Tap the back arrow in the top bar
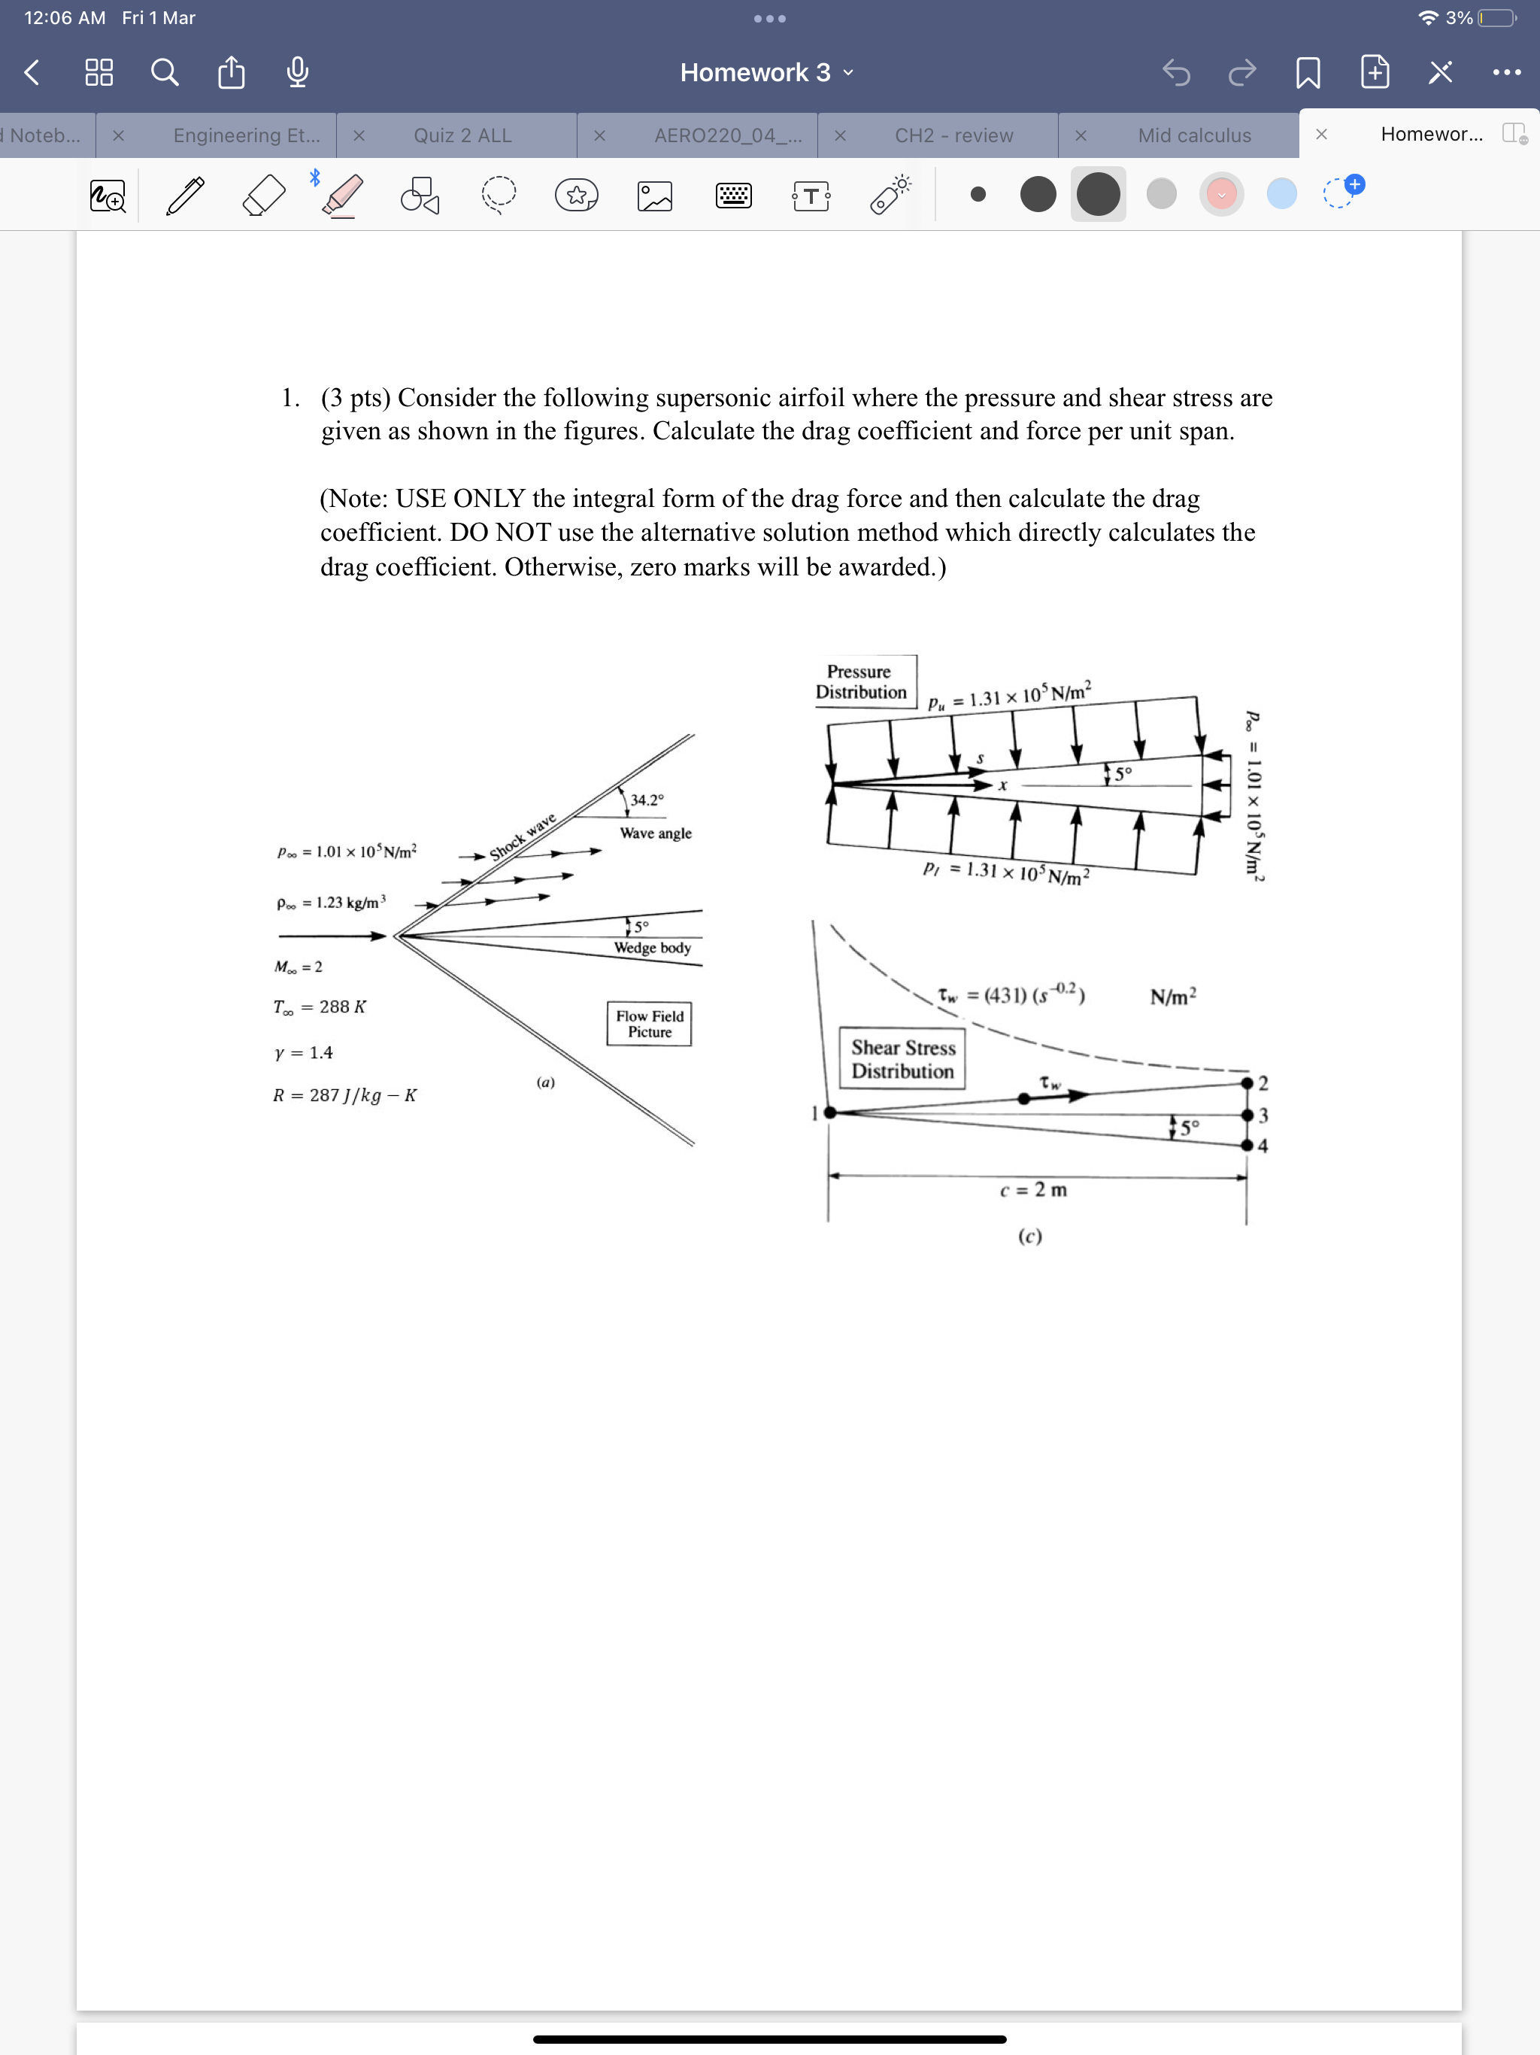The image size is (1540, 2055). click(32, 72)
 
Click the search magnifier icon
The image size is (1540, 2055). click(165, 72)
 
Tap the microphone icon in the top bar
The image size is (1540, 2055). click(297, 72)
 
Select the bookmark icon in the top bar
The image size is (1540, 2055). click(1308, 72)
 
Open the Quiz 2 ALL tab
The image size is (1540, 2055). click(462, 135)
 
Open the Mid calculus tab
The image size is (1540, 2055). click(1193, 135)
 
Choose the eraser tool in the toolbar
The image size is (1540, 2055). click(263, 195)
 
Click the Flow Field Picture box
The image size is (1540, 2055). click(649, 1024)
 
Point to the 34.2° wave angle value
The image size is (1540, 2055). click(647, 800)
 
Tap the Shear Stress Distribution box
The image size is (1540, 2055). click(903, 1059)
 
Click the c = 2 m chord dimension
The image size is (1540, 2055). click(1033, 1189)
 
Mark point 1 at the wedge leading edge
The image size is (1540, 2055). click(829, 1112)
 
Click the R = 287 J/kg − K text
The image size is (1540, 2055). click(344, 1095)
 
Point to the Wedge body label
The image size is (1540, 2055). click(652, 948)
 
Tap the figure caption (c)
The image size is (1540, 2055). click(1029, 1237)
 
